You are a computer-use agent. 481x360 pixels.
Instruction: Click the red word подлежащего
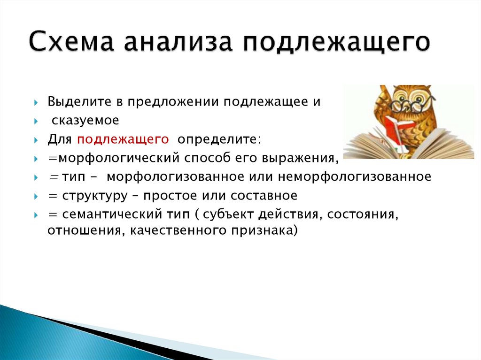[x=123, y=139]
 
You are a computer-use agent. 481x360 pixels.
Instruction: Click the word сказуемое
[x=85, y=121]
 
